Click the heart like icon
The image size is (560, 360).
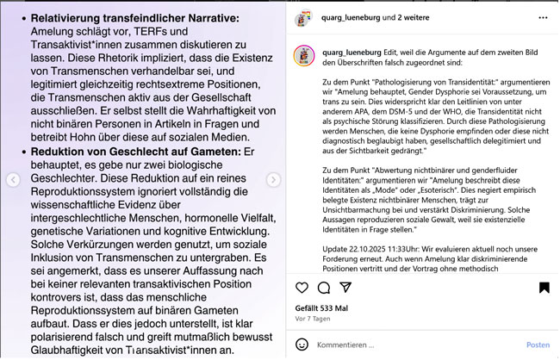(x=301, y=287)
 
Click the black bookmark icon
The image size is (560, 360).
(x=544, y=287)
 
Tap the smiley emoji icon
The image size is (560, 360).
(x=301, y=344)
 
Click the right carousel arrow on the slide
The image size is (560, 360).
(x=273, y=180)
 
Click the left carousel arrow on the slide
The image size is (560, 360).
(x=13, y=180)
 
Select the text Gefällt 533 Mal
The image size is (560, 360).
(x=321, y=307)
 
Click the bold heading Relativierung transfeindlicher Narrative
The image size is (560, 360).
(x=135, y=18)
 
